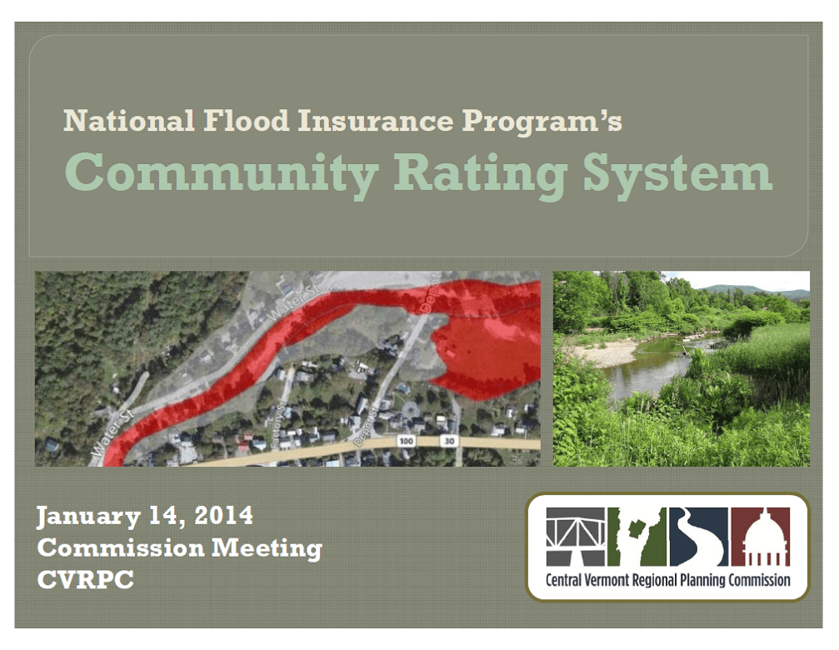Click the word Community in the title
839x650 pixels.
pos(222,172)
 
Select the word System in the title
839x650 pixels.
pos(677,172)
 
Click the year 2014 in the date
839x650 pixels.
pos(222,517)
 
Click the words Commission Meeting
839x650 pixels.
pos(179,548)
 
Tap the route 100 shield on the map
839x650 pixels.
pos(407,440)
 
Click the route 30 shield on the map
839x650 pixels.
pos(448,440)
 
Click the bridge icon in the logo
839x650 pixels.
pos(575,537)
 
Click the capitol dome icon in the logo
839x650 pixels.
pos(760,537)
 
